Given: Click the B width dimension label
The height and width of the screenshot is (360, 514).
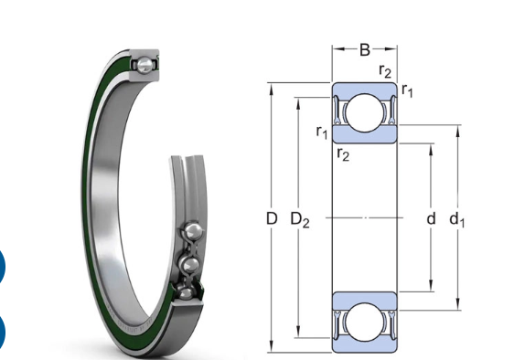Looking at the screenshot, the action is point(365,49).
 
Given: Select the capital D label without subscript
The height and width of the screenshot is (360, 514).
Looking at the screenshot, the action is point(272,218).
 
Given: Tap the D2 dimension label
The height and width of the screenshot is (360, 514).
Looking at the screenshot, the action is point(300,219).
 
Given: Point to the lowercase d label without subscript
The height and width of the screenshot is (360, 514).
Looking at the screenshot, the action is point(431,218).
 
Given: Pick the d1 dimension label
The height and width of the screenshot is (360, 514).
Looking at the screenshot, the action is point(456,219).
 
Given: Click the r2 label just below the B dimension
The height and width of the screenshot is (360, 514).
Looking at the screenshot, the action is point(385,70).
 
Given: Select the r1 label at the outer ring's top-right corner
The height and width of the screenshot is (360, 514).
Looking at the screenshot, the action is point(407,90).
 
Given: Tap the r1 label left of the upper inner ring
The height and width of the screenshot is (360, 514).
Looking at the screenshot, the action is point(322,132).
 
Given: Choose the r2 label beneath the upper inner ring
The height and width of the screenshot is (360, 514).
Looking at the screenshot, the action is point(343,154).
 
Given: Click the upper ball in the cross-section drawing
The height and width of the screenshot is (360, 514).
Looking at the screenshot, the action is point(364,113).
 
